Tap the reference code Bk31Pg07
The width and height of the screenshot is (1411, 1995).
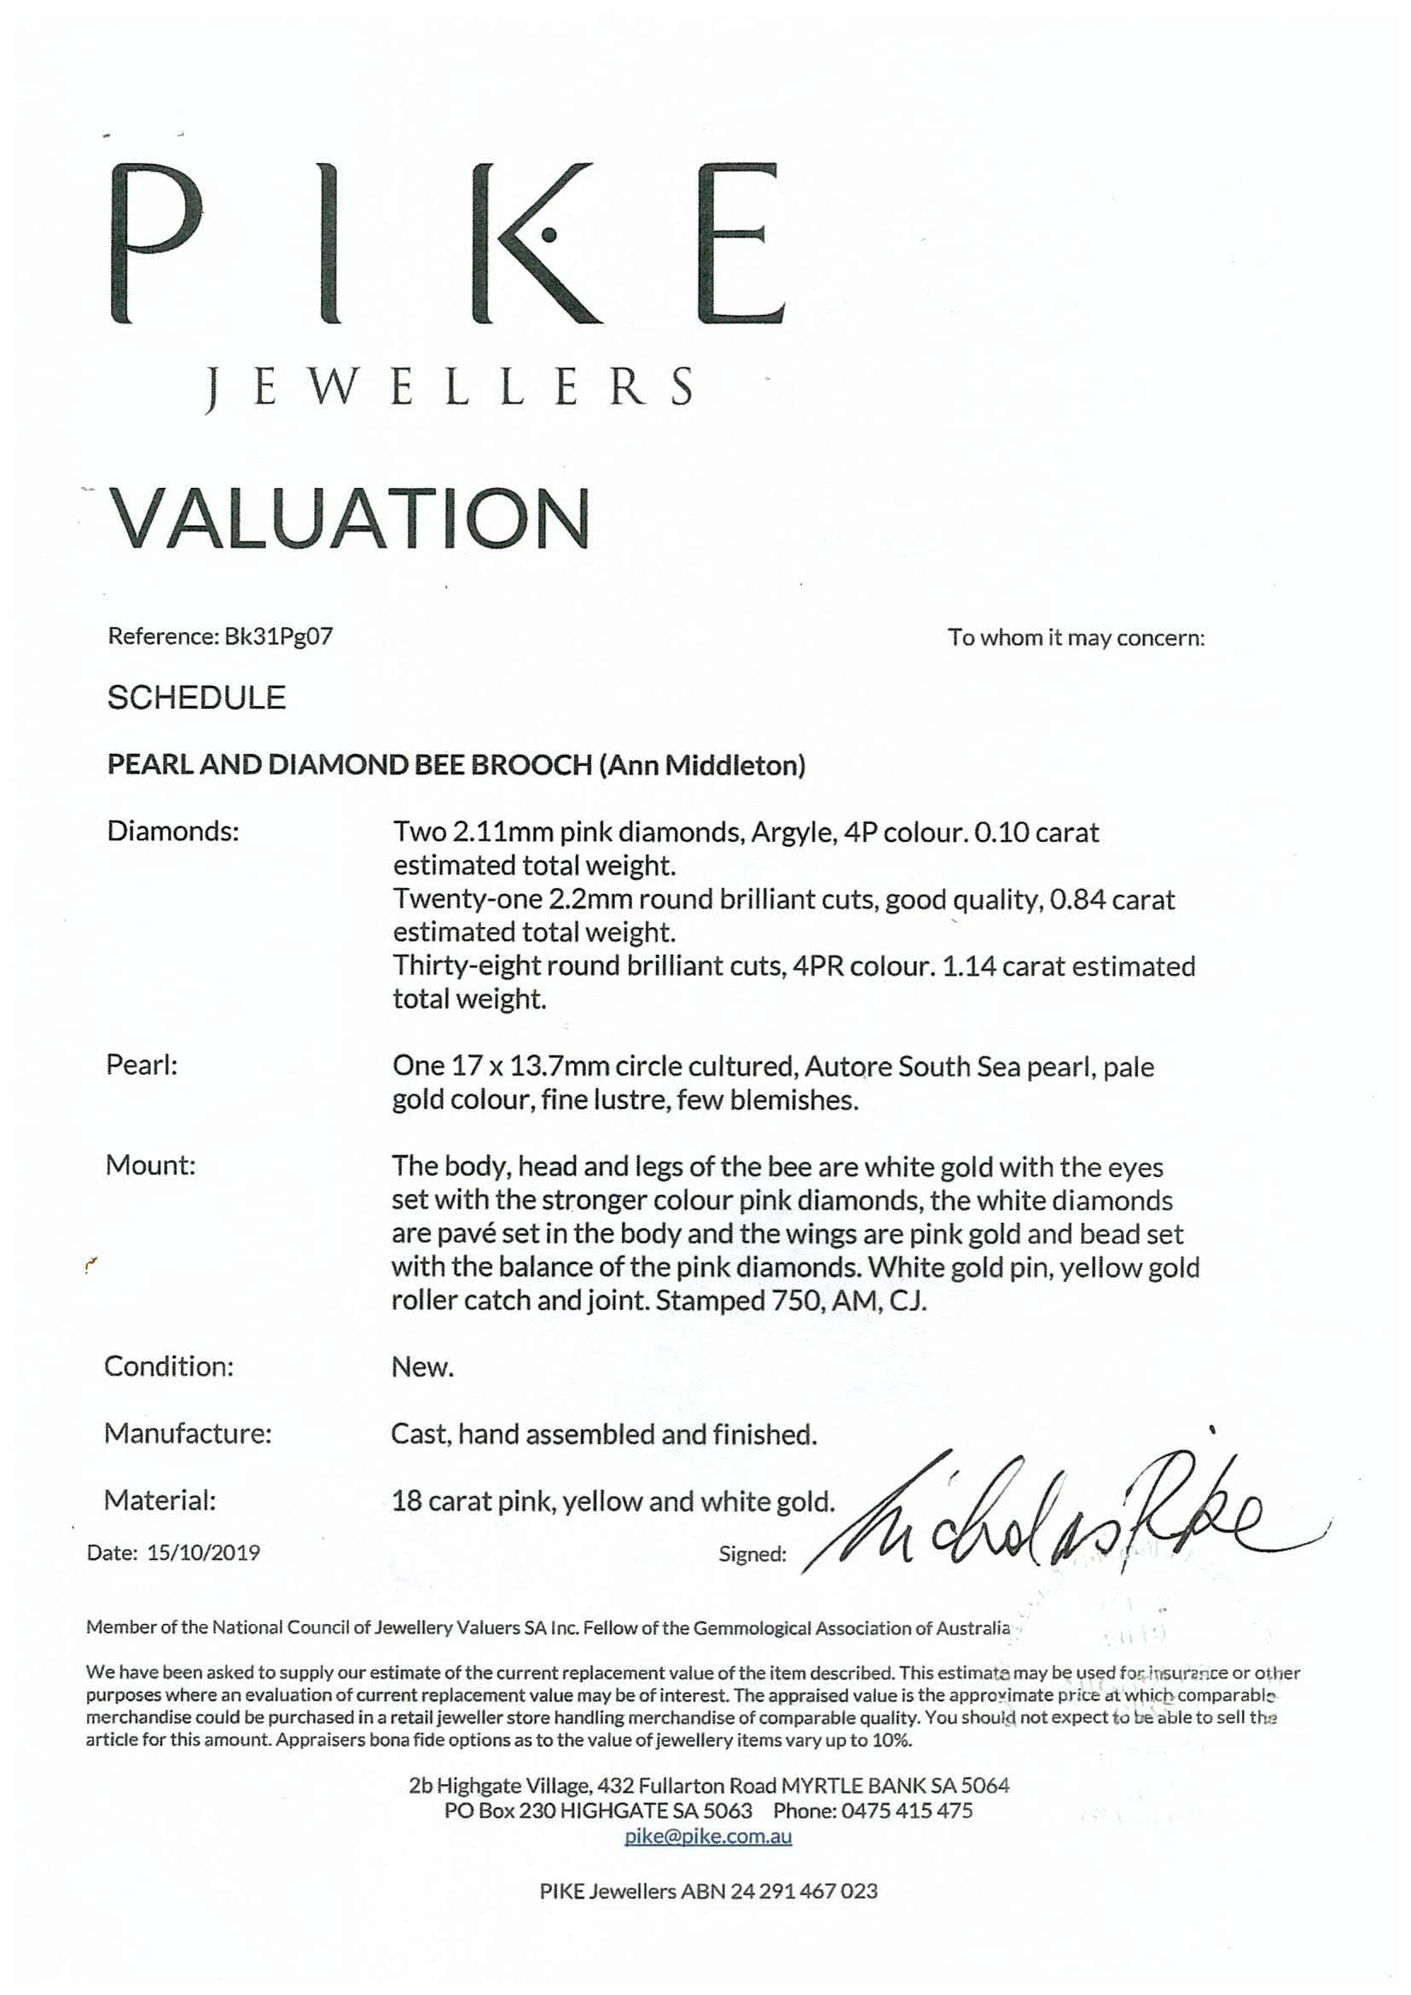click(x=278, y=637)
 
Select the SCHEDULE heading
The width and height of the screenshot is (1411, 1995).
click(x=196, y=698)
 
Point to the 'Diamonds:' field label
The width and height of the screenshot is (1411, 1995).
click(x=172, y=832)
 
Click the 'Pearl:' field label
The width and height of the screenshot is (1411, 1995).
click(x=141, y=1064)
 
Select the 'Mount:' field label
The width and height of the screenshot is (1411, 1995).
click(x=150, y=1165)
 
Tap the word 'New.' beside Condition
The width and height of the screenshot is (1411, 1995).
click(x=422, y=1366)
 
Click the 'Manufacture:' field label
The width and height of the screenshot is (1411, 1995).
click(x=188, y=1433)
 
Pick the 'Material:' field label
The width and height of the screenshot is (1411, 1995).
click(x=160, y=1499)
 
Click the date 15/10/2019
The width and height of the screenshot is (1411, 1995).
click(x=203, y=1552)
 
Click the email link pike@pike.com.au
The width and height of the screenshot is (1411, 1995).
click(x=708, y=1836)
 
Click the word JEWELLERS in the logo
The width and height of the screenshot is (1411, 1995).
click(x=450, y=387)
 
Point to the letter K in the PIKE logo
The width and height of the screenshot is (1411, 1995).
click(x=537, y=243)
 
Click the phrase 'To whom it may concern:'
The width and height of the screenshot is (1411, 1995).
click(x=1076, y=638)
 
